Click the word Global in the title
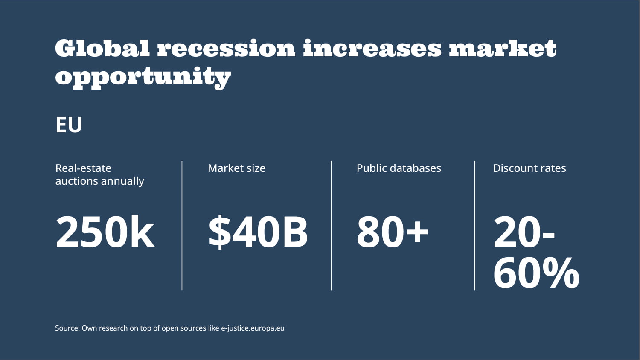pos(102,48)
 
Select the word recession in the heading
pos(226,48)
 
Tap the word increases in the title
pos(372,48)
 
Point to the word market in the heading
pos(503,48)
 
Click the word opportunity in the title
pos(143,77)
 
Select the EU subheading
pos(69,125)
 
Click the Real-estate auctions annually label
pos(99,174)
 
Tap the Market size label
pos(236,168)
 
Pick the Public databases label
pos(399,168)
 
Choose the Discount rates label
pos(529,168)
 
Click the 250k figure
pos(105,232)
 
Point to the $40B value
pos(258,232)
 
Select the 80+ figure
pos(393,232)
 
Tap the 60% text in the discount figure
pos(536,273)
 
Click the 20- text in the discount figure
pos(524,232)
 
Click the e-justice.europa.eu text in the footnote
pos(253,328)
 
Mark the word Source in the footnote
pos(67,328)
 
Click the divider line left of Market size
pos(182,226)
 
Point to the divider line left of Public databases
pos(331,226)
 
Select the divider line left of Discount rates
pos(474,226)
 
